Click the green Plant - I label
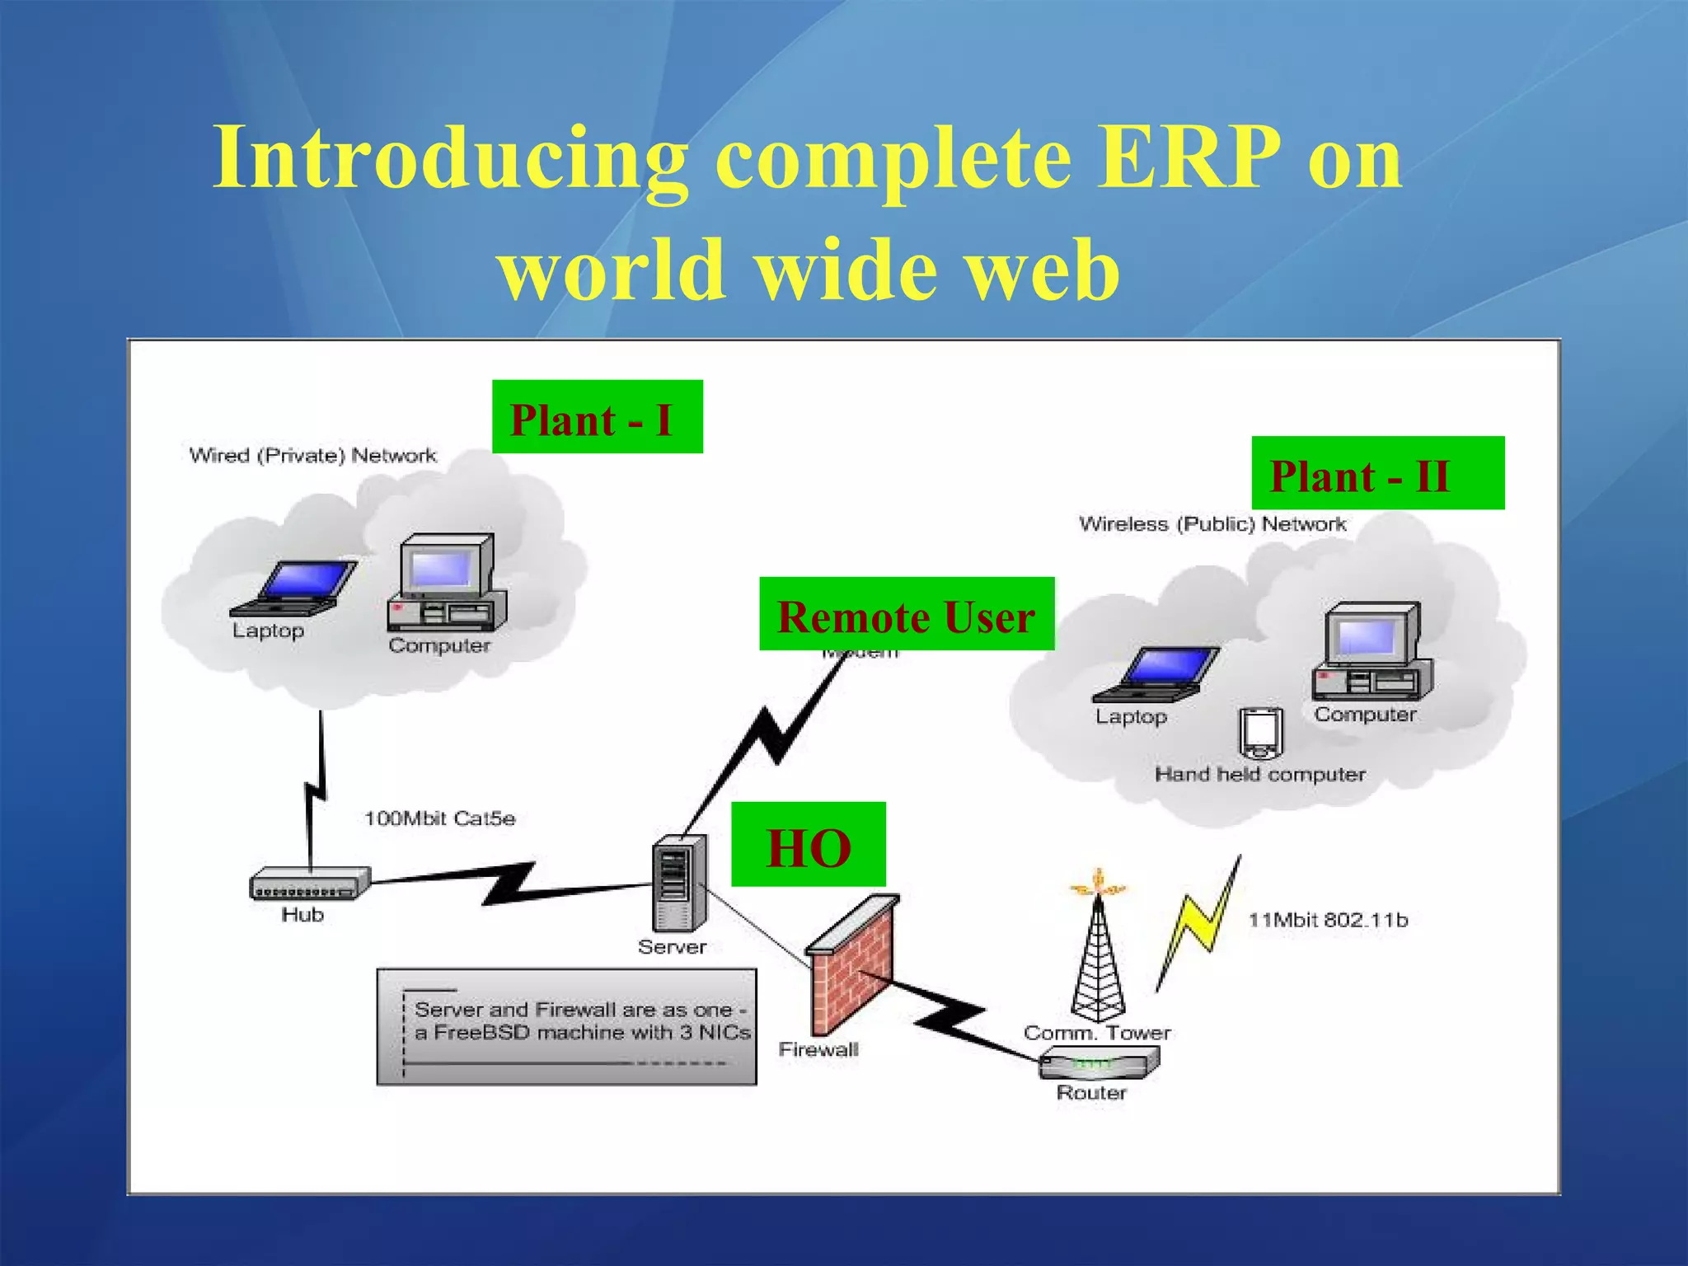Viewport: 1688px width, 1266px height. pyautogui.click(x=597, y=417)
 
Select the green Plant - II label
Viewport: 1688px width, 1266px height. pyautogui.click(x=1376, y=473)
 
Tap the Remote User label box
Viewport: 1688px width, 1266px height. pyautogui.click(x=906, y=614)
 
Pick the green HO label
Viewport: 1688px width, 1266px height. pyautogui.click(x=808, y=845)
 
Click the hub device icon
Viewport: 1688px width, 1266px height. pyautogui.click(x=310, y=884)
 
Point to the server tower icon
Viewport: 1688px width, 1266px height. pyautogui.click(x=678, y=883)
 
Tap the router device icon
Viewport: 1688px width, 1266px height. pyautogui.click(x=1099, y=1063)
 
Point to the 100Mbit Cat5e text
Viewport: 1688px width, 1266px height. pyautogui.click(x=439, y=818)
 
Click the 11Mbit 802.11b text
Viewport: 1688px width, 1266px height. pyautogui.click(x=1328, y=920)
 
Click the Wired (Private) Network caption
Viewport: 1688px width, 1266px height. pyautogui.click(x=312, y=455)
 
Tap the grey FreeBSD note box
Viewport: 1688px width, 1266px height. pyautogui.click(x=566, y=1026)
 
